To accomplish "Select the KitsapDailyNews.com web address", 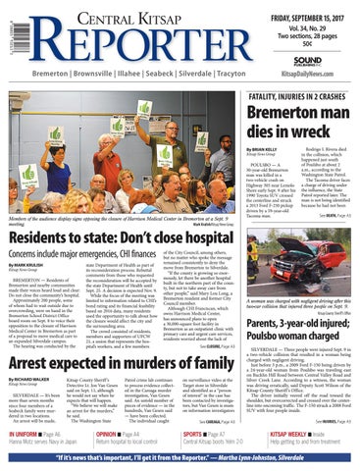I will coord(305,75).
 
